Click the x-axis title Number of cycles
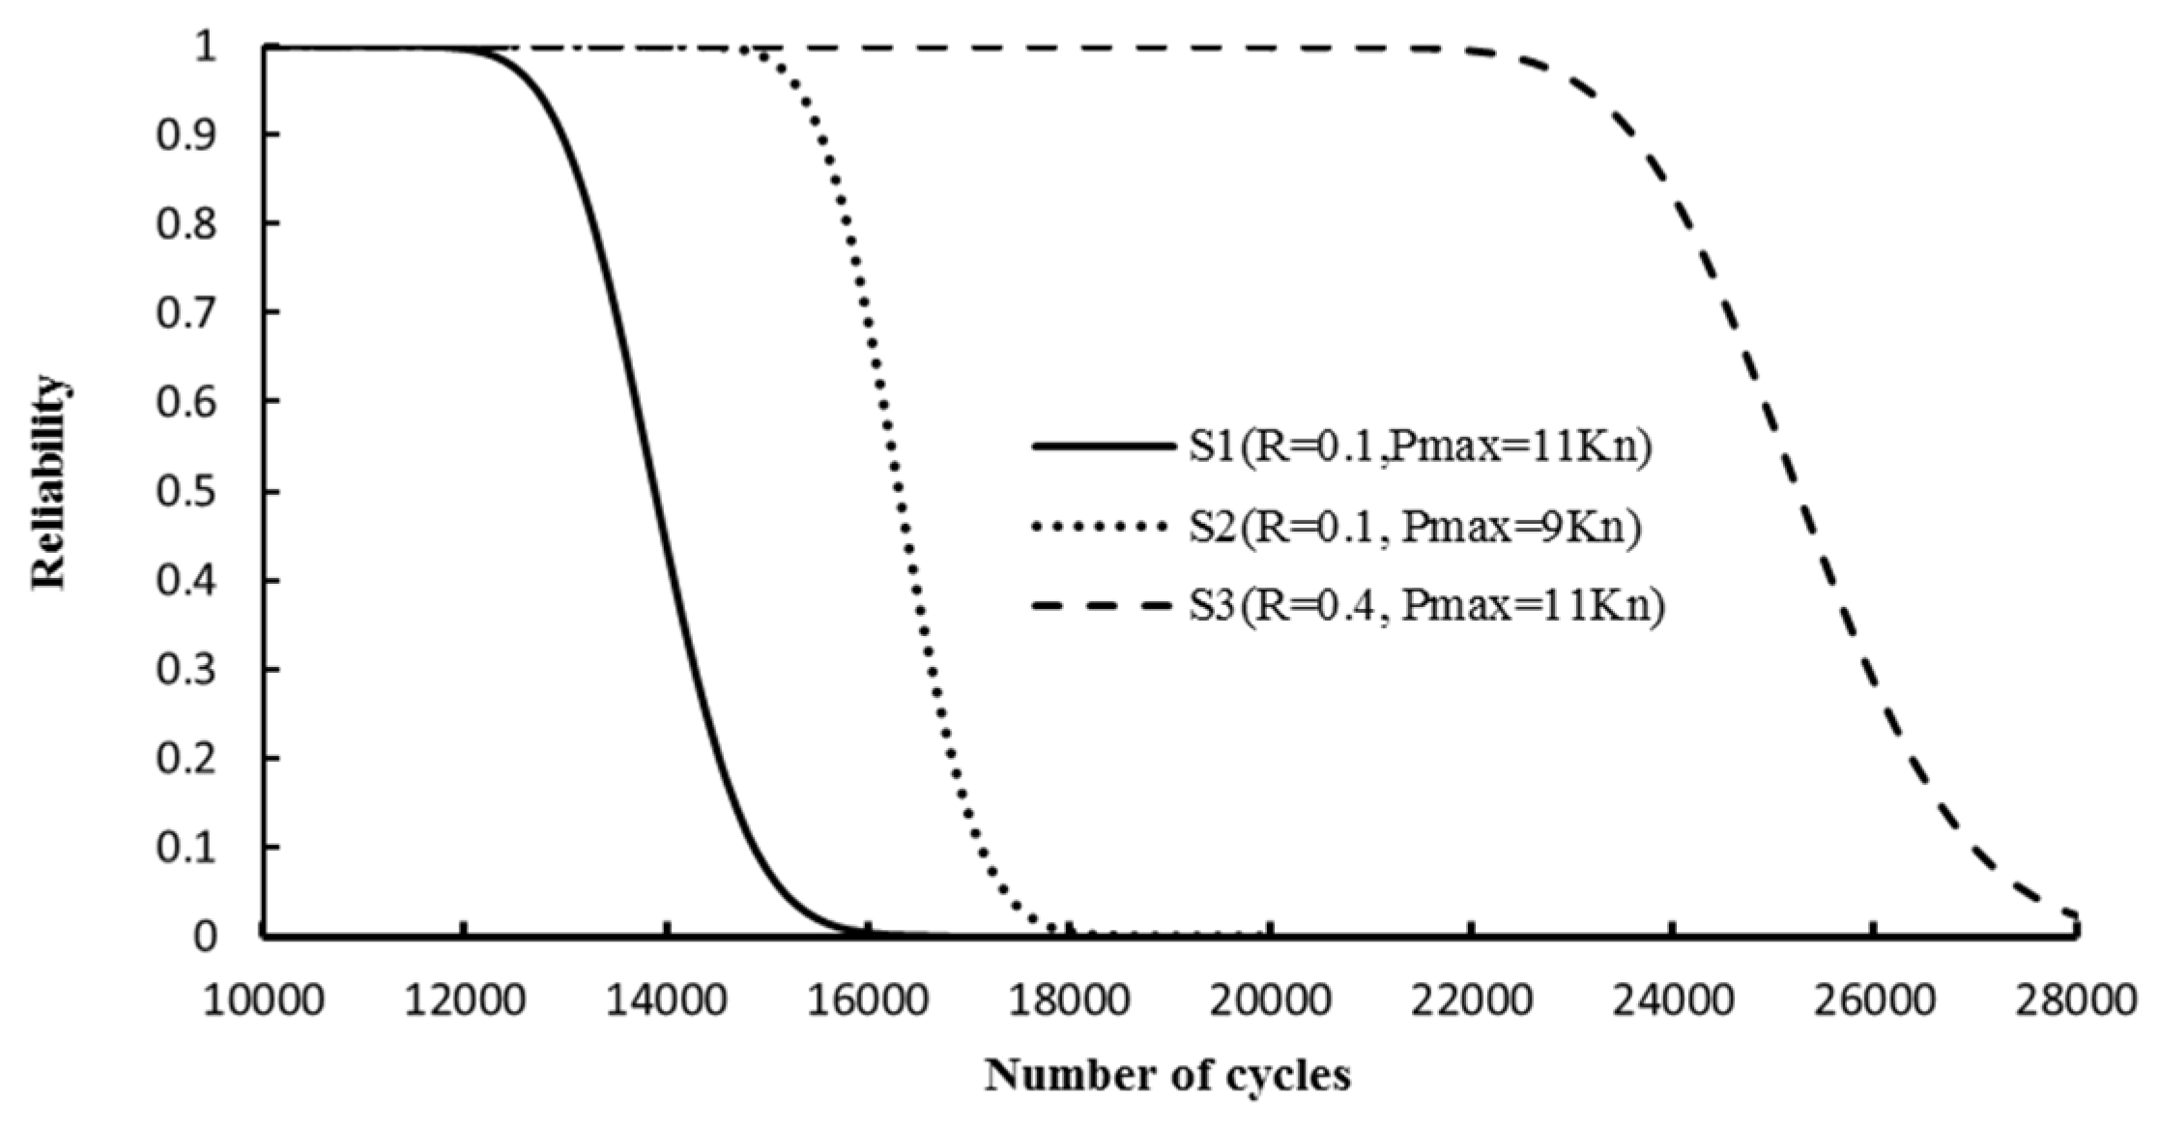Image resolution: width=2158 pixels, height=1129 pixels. point(1167,1076)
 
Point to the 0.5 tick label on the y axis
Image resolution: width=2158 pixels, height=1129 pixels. point(187,491)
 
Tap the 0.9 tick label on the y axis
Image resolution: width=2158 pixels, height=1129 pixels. point(187,134)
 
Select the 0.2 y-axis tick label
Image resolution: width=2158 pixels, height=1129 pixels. point(187,759)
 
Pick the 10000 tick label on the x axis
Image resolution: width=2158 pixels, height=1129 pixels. point(262,1000)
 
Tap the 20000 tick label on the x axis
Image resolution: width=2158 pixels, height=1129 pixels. point(1270,1000)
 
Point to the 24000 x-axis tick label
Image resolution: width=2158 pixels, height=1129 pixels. point(1672,1000)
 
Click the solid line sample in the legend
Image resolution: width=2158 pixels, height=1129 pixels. point(1101,447)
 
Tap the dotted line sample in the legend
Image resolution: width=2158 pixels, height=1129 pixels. point(1101,527)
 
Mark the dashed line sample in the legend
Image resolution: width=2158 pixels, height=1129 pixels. point(1101,607)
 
